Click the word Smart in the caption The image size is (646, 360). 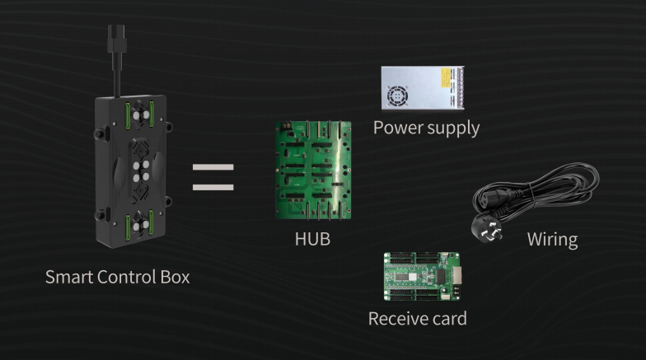(x=69, y=277)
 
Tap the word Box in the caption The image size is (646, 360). (x=175, y=277)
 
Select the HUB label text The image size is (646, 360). (x=313, y=239)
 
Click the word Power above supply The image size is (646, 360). (x=398, y=128)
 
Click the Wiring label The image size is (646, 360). (x=552, y=240)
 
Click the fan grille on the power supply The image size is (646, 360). (x=397, y=96)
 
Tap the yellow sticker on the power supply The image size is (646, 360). (x=445, y=77)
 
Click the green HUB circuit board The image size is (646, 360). (x=313, y=170)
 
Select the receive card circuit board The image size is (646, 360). (x=422, y=277)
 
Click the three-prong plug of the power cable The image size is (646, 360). (x=488, y=231)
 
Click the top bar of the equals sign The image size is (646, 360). (x=213, y=167)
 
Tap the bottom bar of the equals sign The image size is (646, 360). (x=213, y=188)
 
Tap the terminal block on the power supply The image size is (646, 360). (x=458, y=86)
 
